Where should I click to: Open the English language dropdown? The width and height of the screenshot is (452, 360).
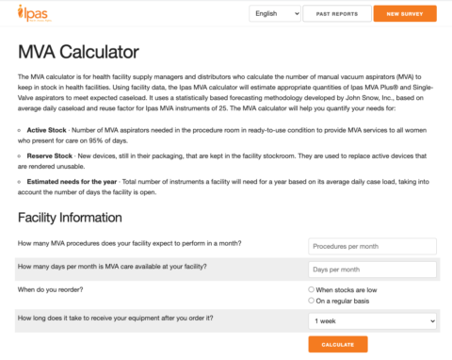(275, 14)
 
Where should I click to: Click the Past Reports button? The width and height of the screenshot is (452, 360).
(337, 14)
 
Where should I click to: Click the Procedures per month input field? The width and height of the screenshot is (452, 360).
(372, 246)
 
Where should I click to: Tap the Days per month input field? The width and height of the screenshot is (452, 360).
(372, 270)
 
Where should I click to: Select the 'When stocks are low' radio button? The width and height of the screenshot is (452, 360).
(312, 289)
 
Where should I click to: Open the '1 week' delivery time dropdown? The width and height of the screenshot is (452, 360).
(372, 320)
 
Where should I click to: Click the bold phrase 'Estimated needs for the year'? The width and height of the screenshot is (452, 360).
(73, 179)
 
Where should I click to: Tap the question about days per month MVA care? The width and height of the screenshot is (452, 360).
(112, 267)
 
